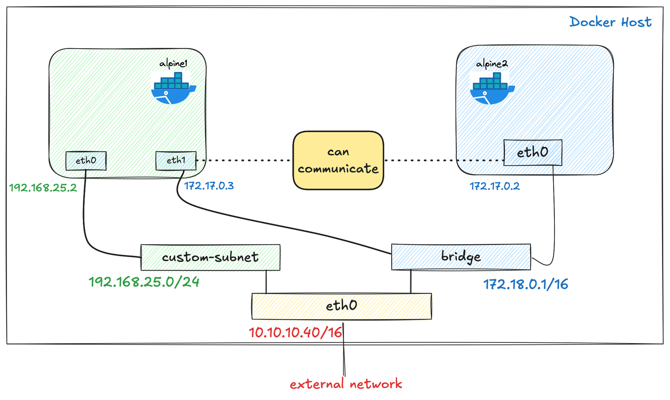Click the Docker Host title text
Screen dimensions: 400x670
point(610,22)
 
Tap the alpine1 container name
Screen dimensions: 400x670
point(173,64)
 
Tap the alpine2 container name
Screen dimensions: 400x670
point(492,64)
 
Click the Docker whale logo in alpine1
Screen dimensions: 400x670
point(173,88)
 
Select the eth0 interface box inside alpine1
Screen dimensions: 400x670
point(86,161)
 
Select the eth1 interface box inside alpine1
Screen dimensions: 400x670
point(176,161)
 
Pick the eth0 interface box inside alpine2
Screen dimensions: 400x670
point(532,153)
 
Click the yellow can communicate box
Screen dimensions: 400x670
point(338,161)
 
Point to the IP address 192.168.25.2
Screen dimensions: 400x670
point(43,188)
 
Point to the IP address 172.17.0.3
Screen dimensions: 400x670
point(209,186)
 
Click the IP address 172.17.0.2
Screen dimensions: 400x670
point(495,186)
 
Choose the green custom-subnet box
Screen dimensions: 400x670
point(210,257)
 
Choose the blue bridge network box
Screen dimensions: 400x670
point(461,257)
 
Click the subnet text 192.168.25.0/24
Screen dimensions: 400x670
point(144,282)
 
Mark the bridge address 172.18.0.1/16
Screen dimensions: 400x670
point(526,285)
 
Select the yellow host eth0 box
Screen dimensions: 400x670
point(341,306)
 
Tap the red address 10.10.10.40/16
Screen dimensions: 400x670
point(295,333)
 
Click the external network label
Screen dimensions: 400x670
point(345,384)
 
